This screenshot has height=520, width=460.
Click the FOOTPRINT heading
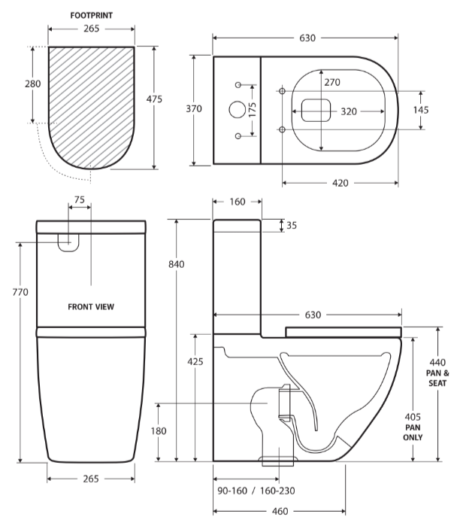point(92,14)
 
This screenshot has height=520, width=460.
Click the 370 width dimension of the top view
point(194,108)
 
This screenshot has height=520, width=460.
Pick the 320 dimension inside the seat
point(349,111)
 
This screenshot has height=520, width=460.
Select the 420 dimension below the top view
point(340,183)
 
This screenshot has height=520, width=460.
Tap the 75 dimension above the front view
point(80,200)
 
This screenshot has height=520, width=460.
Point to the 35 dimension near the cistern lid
point(292,225)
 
